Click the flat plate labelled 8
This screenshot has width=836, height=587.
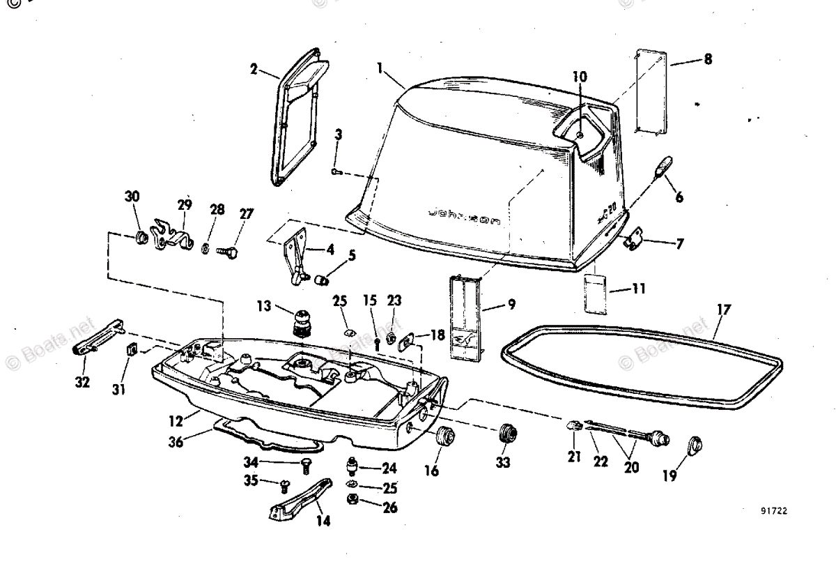click(651, 91)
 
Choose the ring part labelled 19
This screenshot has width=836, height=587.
click(695, 445)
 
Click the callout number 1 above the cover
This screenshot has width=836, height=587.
click(380, 68)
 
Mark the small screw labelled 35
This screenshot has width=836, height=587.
click(284, 484)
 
